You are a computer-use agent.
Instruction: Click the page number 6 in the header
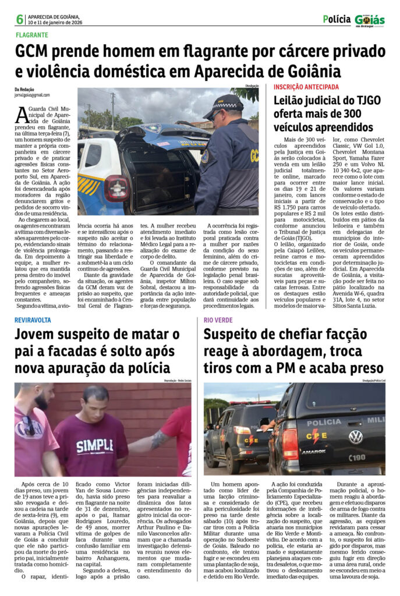pyautogui.click(x=20, y=19)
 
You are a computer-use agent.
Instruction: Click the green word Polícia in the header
pyautogui.click(x=337, y=19)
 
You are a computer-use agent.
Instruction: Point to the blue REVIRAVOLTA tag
pyautogui.click(x=33, y=320)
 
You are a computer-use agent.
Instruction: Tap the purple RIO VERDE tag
pyautogui.click(x=218, y=320)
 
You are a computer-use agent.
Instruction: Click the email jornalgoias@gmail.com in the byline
pyautogui.click(x=32, y=95)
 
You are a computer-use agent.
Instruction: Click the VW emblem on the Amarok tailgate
pyautogui.click(x=355, y=437)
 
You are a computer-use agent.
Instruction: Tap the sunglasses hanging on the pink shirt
pyautogui.click(x=28, y=425)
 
